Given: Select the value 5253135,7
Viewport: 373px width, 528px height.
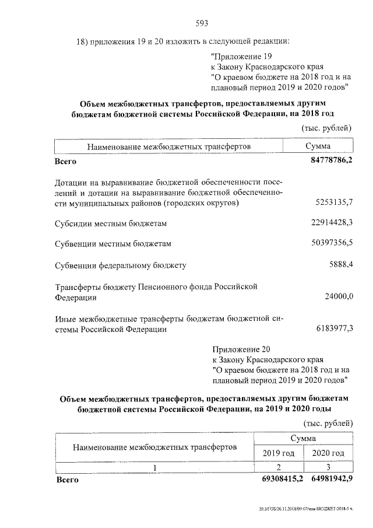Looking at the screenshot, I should coord(333,202).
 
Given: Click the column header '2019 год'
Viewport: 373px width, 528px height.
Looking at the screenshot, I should coord(278,453).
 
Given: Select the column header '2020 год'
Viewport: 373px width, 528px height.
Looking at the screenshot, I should coord(328,453).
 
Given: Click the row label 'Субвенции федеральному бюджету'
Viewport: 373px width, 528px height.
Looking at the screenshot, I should coord(120,265).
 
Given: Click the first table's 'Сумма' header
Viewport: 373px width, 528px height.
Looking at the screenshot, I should coord(318,146).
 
